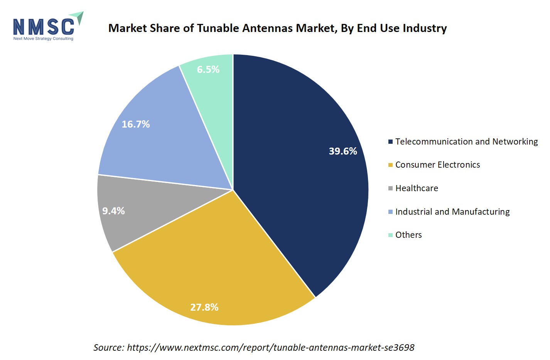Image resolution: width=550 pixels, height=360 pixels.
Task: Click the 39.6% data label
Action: point(342,151)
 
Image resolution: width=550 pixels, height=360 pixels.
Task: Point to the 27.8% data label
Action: point(204,307)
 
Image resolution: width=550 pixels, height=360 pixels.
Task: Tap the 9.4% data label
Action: point(113,211)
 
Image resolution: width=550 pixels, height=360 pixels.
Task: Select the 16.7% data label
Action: point(135,124)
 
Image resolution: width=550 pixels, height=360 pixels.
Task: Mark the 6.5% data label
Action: point(208,69)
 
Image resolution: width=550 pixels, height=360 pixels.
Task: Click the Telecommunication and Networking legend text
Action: point(466,141)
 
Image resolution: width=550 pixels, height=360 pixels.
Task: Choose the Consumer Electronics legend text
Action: point(437,165)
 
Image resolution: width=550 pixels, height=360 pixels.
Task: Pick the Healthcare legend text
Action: point(417,188)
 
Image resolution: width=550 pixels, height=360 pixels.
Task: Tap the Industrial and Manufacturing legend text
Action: point(452,212)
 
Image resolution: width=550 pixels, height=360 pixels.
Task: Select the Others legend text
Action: point(408,235)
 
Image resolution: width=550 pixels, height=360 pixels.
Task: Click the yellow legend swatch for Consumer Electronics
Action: point(390,165)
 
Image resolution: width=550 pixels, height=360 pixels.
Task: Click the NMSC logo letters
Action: point(44,27)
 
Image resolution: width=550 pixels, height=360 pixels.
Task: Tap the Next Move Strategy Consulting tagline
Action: point(43,39)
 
